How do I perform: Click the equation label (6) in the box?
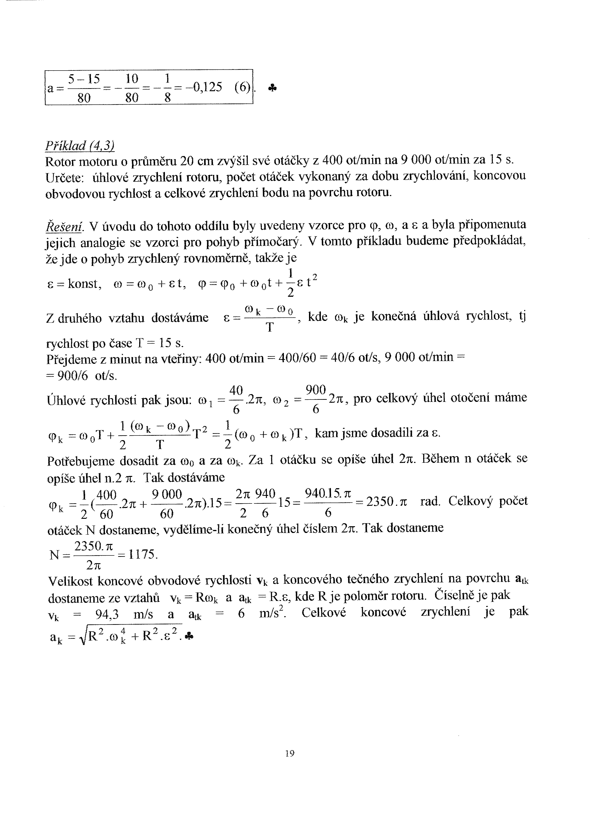(x=242, y=87)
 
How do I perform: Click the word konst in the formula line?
(x=83, y=284)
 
